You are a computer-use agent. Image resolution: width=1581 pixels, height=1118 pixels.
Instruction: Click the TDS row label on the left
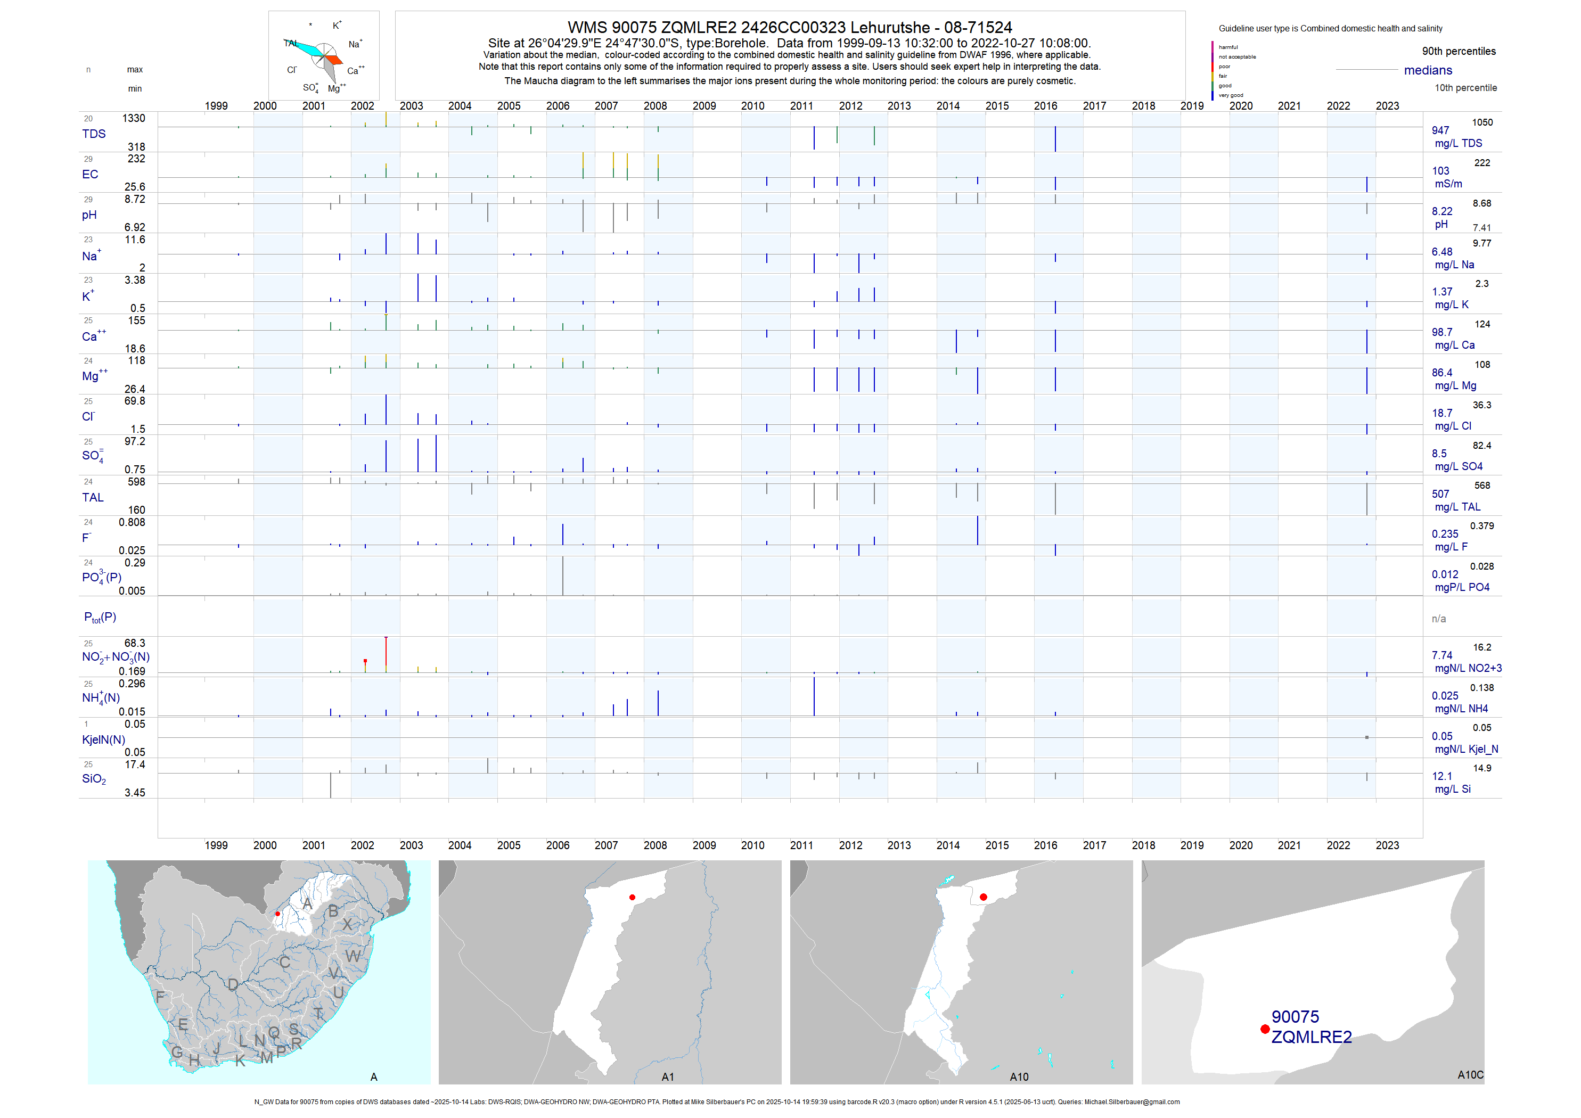coord(94,134)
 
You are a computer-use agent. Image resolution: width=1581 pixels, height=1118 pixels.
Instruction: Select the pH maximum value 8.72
coord(134,199)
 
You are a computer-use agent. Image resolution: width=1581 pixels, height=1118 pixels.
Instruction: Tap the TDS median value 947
coord(1440,130)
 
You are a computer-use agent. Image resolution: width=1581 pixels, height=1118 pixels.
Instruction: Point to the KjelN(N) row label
coord(103,739)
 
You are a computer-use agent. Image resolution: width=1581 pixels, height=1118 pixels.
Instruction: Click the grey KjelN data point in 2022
coord(1366,737)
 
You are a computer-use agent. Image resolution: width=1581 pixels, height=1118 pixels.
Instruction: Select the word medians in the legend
coord(1428,70)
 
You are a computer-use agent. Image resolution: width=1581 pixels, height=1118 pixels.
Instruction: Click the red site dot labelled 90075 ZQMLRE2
coord(1264,1029)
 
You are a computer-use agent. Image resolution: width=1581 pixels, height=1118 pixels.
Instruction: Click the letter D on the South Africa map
coord(233,984)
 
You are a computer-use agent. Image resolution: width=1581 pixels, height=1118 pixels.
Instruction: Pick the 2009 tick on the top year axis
coord(704,106)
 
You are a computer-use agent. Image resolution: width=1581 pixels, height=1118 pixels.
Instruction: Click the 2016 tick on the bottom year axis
coord(1045,845)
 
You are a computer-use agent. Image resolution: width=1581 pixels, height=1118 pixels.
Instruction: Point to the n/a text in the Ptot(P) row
coord(1438,618)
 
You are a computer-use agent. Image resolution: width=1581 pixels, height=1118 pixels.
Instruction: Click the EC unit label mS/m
coord(1448,184)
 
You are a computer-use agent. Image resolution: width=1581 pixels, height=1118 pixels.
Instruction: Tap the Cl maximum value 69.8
coord(134,401)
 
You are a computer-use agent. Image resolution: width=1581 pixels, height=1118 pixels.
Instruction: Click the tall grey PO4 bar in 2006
coord(562,575)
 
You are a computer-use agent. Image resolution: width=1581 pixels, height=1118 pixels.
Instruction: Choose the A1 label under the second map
coord(667,1076)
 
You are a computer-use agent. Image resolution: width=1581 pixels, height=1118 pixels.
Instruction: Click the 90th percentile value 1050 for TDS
coord(1482,122)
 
